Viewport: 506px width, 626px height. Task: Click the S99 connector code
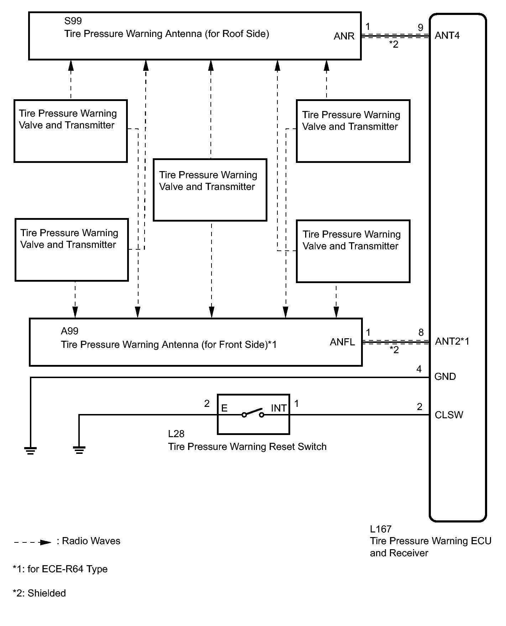point(73,21)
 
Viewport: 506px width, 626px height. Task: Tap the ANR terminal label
point(344,36)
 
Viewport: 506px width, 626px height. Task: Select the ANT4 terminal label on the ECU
point(447,36)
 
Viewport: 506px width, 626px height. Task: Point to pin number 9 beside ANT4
point(421,27)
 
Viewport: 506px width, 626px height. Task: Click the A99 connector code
point(69,331)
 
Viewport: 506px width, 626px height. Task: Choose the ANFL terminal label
point(342,342)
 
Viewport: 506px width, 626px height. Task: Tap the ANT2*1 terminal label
point(452,341)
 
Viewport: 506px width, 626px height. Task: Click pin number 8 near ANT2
point(421,333)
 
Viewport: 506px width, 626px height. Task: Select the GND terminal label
point(445,377)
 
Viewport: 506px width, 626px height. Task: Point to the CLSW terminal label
point(449,415)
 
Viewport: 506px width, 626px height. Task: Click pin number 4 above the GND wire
point(419,369)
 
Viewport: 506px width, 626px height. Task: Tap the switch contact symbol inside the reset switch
point(253,413)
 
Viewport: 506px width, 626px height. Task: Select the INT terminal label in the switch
point(279,408)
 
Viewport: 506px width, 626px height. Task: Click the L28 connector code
point(176,434)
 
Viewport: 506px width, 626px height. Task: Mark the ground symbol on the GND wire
point(31,451)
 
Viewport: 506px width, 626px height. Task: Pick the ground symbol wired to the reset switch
point(79,450)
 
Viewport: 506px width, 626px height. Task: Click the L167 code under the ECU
point(381,529)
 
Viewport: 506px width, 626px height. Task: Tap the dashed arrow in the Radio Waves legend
point(33,542)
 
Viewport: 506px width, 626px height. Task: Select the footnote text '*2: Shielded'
point(39,593)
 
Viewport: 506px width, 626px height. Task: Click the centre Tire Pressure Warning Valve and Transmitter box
point(210,190)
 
